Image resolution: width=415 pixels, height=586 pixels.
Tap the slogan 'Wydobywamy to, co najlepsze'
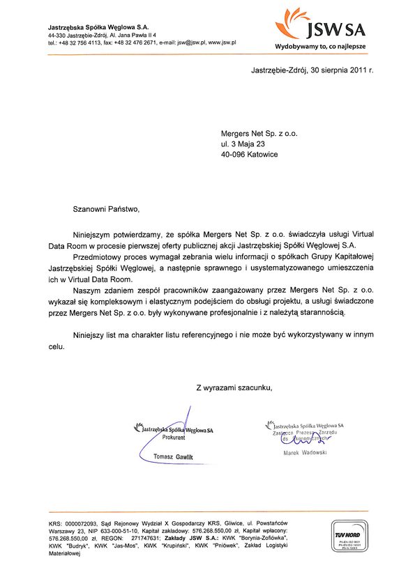(x=321, y=46)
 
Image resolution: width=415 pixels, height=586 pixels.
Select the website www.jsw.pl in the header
(x=222, y=43)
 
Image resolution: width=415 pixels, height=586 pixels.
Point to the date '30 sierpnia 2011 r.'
(x=342, y=71)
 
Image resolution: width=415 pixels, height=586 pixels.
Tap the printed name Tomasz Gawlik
(x=172, y=456)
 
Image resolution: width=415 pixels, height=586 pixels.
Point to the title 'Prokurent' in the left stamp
(x=174, y=439)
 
